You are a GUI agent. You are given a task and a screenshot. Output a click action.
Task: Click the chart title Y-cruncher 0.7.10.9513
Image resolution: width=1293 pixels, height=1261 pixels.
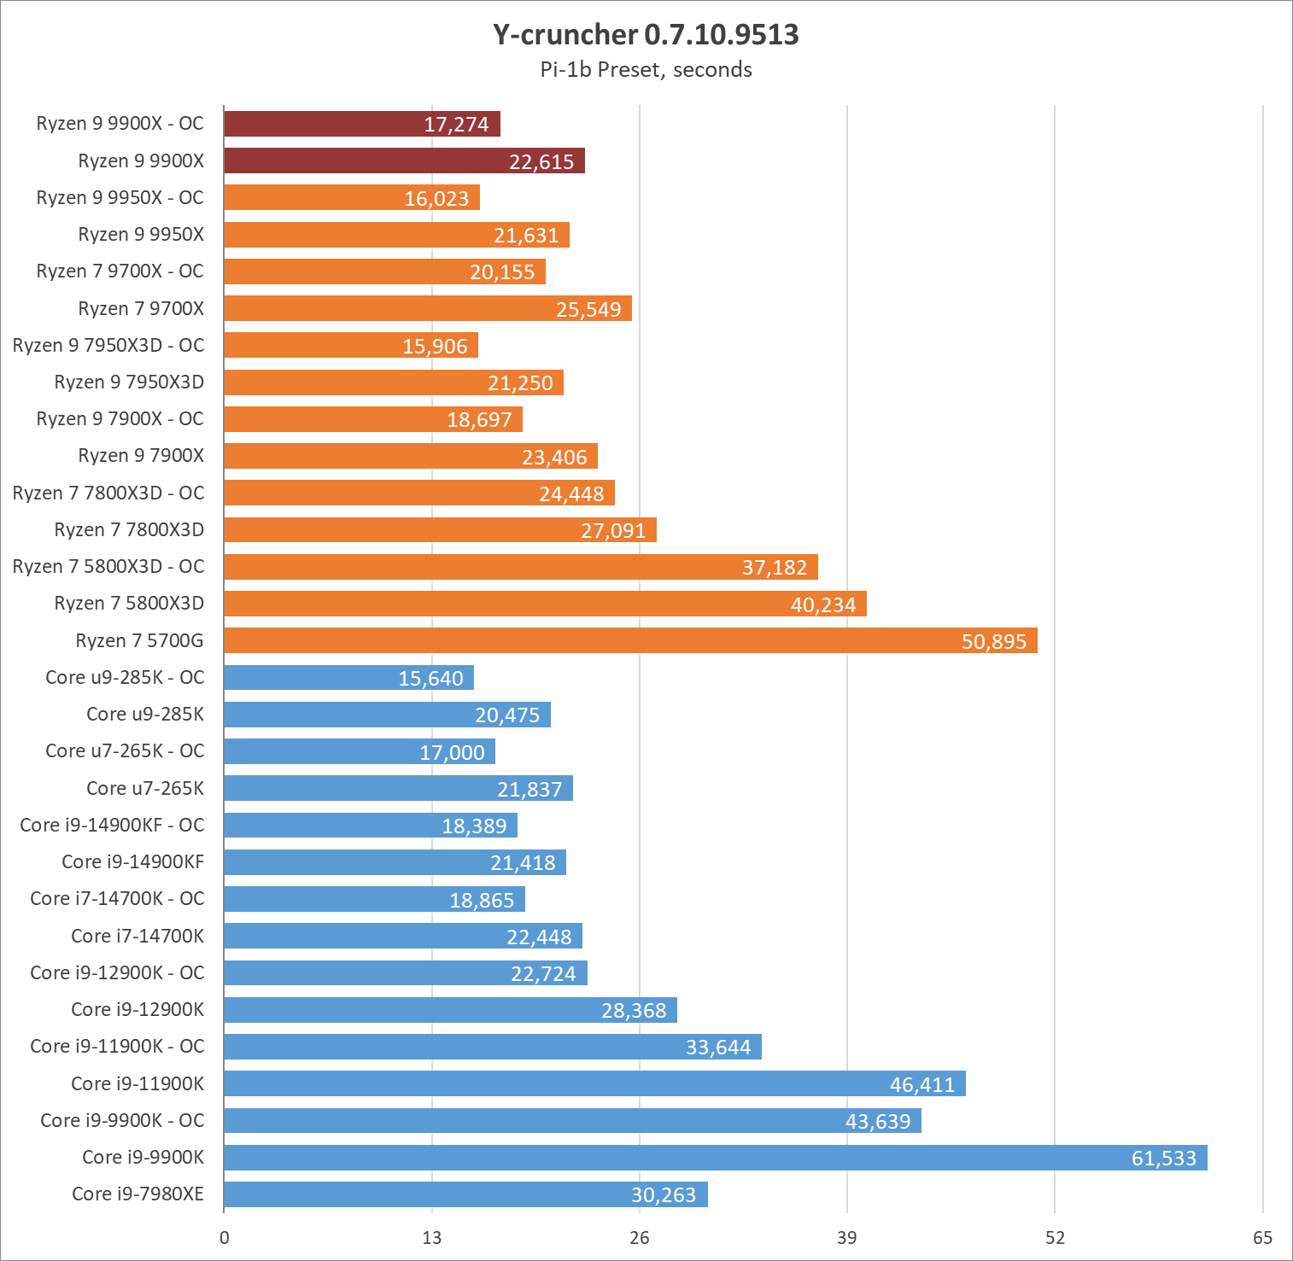point(646,35)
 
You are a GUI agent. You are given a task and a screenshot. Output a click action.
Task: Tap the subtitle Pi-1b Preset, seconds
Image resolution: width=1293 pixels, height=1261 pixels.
point(646,70)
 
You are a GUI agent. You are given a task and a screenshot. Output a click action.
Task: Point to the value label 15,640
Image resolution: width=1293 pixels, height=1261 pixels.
point(430,679)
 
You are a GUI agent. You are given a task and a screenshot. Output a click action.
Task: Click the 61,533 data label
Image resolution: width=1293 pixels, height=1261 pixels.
point(1163,1159)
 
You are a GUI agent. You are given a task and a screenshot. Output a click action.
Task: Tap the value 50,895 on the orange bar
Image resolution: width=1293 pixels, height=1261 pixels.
point(993,642)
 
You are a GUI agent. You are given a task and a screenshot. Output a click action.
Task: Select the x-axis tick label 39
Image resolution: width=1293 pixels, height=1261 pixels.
point(846,1238)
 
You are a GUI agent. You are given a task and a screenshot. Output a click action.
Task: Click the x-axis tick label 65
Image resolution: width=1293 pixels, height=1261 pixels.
point(1262,1238)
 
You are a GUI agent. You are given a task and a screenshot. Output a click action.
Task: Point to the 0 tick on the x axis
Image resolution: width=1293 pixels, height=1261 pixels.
point(225,1238)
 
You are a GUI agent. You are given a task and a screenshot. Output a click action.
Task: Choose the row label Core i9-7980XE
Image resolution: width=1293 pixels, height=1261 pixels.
point(137,1194)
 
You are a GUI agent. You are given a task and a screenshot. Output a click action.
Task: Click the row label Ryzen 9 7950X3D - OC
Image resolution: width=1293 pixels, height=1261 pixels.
point(108,345)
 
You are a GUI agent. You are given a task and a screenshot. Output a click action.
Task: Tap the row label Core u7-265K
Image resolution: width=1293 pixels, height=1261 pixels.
point(145,788)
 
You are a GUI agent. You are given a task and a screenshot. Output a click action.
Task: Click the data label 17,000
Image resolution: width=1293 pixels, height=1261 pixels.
point(452,753)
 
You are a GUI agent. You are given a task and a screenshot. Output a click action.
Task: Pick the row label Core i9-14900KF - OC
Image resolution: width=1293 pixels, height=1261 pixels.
point(112,825)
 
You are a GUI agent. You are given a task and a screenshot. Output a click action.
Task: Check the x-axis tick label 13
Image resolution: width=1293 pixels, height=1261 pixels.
point(432,1238)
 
